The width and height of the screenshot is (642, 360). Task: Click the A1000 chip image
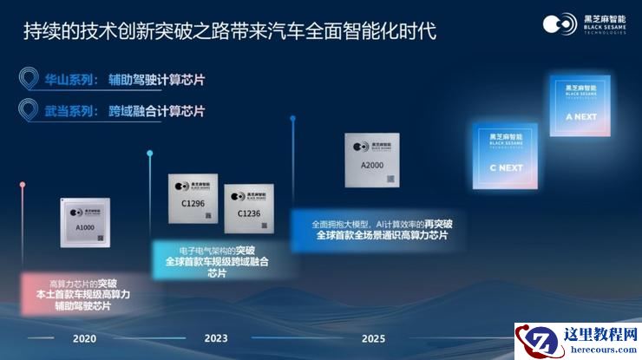pyautogui.click(x=85, y=224)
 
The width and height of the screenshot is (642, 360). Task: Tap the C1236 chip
pyautogui.click(x=248, y=208)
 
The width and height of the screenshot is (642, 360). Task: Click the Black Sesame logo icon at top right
pyautogui.click(x=560, y=23)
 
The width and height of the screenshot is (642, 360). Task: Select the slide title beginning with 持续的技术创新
pyautogui.click(x=229, y=32)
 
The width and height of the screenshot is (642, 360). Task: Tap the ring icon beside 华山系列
pyautogui.click(x=29, y=81)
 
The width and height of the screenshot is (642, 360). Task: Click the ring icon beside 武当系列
pyautogui.click(x=29, y=111)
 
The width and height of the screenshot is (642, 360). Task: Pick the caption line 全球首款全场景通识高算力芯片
pyautogui.click(x=382, y=235)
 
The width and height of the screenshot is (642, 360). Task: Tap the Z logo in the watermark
pyautogui.click(x=534, y=341)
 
